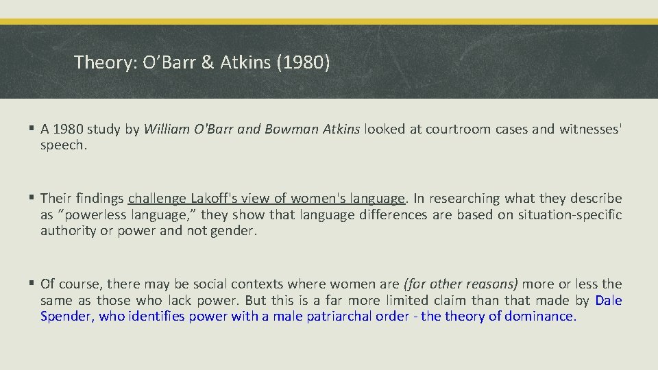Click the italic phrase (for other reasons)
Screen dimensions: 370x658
tap(461, 284)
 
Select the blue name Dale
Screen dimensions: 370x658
tap(609, 300)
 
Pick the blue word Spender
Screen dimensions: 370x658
tap(66, 316)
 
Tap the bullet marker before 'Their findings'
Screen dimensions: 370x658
tap(33, 199)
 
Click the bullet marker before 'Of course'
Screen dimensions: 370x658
tap(33, 284)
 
